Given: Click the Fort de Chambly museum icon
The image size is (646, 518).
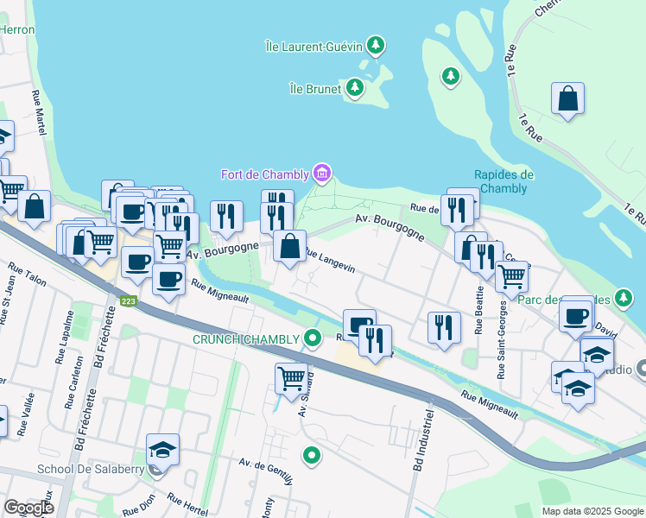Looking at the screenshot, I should click(x=321, y=174).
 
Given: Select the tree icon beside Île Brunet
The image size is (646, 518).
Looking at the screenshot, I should click(x=354, y=87).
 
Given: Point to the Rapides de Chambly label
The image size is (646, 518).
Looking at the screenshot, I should click(x=503, y=181).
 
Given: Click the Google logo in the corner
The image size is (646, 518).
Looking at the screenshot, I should click(x=28, y=508).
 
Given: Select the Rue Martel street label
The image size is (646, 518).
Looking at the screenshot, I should click(x=38, y=112).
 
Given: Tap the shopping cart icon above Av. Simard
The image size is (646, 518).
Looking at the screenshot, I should click(x=291, y=377).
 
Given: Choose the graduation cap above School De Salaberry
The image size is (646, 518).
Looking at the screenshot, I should click(x=162, y=449).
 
